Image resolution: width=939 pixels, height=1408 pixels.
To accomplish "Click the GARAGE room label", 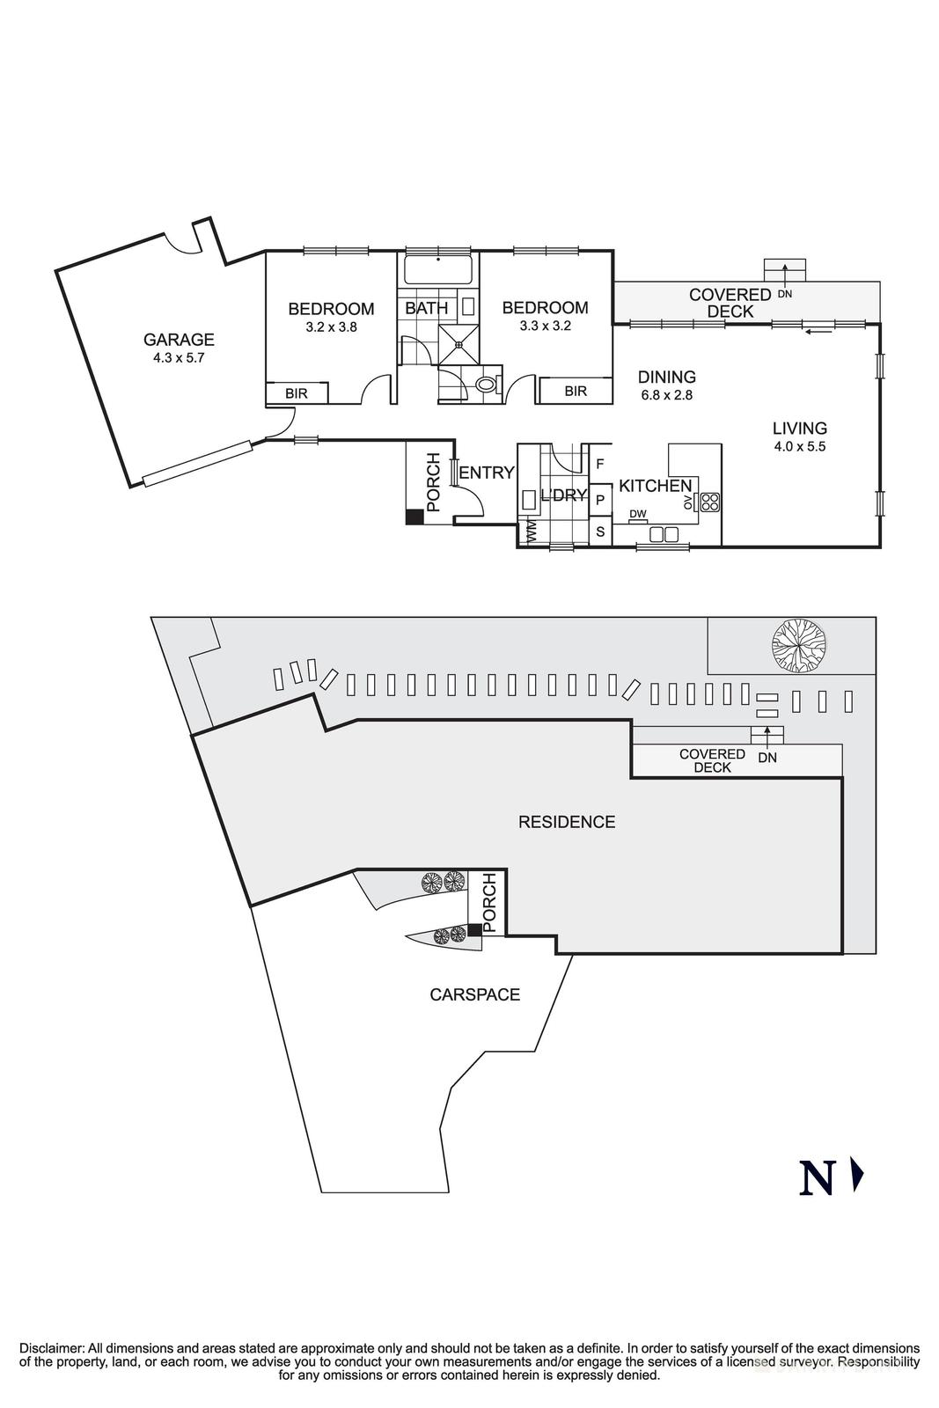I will tap(179, 340).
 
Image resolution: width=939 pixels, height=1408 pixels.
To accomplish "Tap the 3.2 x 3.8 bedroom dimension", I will tap(330, 326).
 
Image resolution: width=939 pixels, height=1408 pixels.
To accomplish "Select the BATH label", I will tap(426, 308).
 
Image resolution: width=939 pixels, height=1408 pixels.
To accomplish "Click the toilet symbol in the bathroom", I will tap(486, 384).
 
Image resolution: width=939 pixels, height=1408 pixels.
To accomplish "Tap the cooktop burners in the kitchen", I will tap(709, 502).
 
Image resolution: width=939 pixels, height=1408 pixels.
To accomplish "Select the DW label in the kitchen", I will tap(639, 514).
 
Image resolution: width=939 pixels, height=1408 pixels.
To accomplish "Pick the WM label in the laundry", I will tap(531, 532).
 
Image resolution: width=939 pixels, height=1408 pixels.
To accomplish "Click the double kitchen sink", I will tap(664, 533).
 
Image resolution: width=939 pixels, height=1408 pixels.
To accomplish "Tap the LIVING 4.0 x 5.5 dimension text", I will tap(799, 446).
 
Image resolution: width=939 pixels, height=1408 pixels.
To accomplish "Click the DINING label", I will tap(666, 378).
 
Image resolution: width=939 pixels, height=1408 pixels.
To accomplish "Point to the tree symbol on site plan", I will tap(797, 646).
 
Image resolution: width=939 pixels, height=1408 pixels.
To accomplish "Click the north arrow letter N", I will tap(816, 1178).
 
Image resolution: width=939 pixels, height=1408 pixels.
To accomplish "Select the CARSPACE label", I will tap(474, 995).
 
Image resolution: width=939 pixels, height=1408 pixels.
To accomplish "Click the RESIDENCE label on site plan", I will tap(566, 822).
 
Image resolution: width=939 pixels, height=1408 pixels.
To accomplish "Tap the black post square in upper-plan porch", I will tap(414, 517).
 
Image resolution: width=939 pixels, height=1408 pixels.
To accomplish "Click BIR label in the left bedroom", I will tap(297, 393).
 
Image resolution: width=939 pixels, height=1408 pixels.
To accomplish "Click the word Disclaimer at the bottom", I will tap(51, 1348).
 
